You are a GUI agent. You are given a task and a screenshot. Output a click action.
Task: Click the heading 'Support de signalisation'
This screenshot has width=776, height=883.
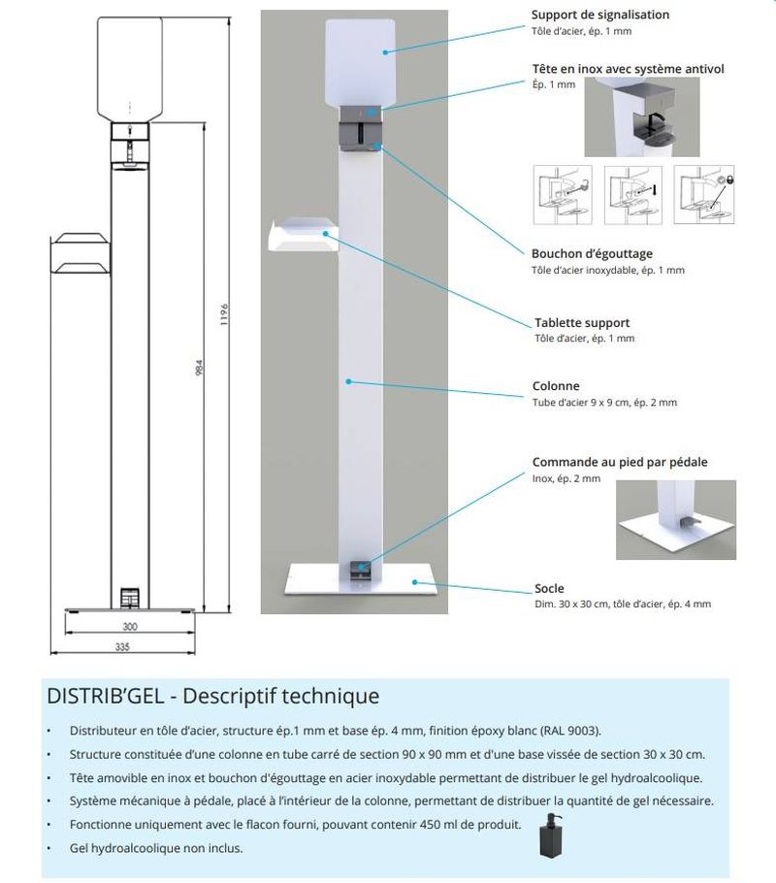point(599,15)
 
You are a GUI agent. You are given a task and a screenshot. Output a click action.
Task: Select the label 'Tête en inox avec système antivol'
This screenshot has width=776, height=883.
point(628,69)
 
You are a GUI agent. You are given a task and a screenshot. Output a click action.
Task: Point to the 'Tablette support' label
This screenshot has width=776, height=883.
point(582,322)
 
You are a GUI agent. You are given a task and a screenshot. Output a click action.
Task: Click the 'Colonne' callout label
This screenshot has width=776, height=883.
point(556,385)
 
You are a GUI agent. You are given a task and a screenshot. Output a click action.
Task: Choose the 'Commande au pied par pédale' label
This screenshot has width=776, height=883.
point(620,462)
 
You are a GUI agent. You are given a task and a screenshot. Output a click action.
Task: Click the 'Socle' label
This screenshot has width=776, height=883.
point(549,588)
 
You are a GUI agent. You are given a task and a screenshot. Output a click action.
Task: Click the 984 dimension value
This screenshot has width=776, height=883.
point(197,370)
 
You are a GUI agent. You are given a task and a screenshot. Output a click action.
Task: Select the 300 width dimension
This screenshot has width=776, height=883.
point(130,627)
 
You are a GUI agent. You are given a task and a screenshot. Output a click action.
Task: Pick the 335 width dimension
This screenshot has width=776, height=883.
point(122,645)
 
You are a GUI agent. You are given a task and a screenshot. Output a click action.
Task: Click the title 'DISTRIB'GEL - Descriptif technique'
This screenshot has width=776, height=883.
point(212,696)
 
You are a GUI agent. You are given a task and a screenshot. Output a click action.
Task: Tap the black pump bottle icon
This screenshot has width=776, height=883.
point(551,837)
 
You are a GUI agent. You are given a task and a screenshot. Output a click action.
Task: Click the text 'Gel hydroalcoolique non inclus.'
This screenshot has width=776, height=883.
point(156,848)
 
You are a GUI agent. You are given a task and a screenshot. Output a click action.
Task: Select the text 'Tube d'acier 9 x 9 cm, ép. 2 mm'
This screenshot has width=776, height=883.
point(604,403)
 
